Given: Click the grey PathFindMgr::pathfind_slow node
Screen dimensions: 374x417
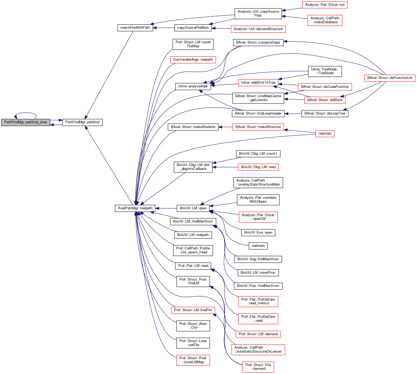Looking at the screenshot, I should pyautogui.click(x=25, y=122).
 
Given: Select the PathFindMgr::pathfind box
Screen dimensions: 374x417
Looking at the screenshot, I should pyautogui.click(x=82, y=122).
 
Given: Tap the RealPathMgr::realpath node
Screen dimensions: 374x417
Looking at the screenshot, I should pyautogui.click(x=135, y=208).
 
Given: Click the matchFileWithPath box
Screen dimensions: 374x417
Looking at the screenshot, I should pyautogui.click(x=135, y=28).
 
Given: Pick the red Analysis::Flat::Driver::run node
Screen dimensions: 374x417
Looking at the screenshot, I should pyautogui.click(x=325, y=5).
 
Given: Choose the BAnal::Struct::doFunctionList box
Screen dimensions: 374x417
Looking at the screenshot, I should pyautogui.click(x=390, y=78).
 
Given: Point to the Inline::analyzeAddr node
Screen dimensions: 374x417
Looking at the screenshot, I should pyautogui.click(x=193, y=86).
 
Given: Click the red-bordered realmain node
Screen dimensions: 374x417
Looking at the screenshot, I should pyautogui.click(x=325, y=134).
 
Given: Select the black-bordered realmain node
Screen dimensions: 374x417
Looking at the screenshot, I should pyautogui.click(x=258, y=246).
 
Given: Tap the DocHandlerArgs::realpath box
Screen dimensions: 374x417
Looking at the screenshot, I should pyautogui.click(x=193, y=60).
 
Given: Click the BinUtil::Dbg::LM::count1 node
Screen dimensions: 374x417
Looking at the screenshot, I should pyautogui.click(x=258, y=154).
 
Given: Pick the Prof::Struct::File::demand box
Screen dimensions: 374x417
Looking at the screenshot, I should pyautogui.click(x=258, y=367).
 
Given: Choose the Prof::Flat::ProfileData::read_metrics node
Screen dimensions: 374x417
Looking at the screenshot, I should pyautogui.click(x=258, y=301).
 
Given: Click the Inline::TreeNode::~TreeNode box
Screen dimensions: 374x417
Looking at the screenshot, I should pyautogui.click(x=325, y=71).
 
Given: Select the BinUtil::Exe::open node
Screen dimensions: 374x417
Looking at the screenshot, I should pyautogui.click(x=258, y=233).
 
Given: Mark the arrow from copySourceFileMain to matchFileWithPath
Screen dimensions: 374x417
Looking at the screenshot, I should pyautogui.click(x=163, y=28).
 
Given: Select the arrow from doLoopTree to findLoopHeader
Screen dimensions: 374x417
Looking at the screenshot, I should pyautogui.click(x=293, y=113).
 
